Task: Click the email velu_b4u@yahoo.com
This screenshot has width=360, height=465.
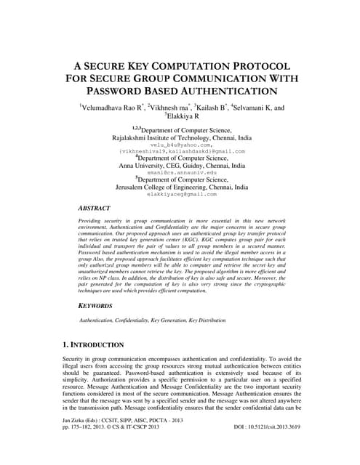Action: pyautogui.click(x=180, y=145)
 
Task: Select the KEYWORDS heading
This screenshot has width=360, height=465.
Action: pyautogui.click(x=96, y=307)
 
